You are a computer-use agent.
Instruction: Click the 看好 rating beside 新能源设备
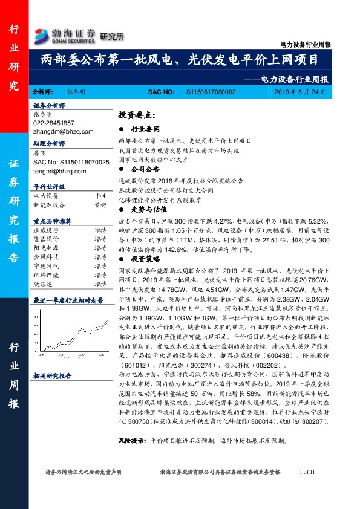click(x=100, y=204)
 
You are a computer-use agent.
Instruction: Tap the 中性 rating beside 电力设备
click(x=100, y=196)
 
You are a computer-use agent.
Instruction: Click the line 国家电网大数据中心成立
click(x=154, y=160)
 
